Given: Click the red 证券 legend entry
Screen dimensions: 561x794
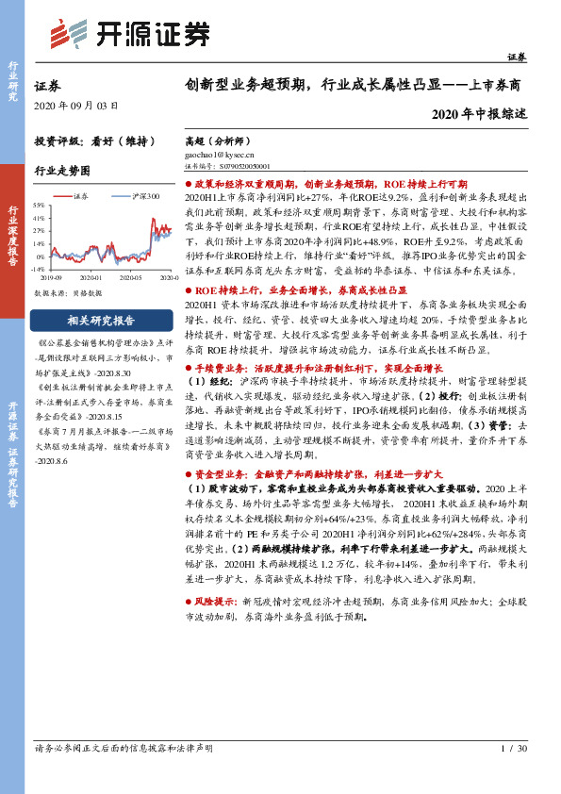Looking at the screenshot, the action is [81, 195].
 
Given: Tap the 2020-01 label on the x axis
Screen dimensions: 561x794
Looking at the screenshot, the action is [91, 277].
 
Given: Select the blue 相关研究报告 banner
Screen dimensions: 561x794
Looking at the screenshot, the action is [101, 319].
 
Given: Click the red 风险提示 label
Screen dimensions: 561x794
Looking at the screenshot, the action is [220, 600].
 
